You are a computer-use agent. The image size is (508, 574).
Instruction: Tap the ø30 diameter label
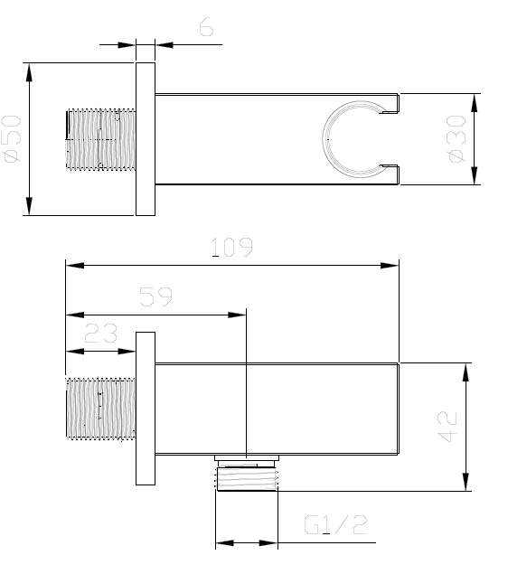pos(456,139)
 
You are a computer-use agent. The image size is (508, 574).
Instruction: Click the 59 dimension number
pos(157,296)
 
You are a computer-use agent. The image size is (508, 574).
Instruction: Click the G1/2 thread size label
pos(336,524)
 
